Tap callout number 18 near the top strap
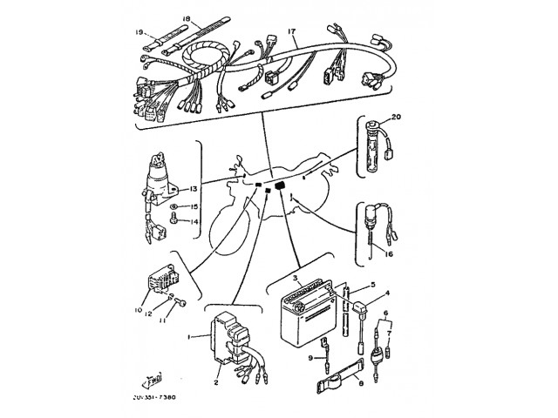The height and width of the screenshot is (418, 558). point(187,17)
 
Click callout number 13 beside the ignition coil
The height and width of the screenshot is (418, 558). point(194,188)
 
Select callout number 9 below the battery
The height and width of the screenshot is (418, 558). point(310,357)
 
